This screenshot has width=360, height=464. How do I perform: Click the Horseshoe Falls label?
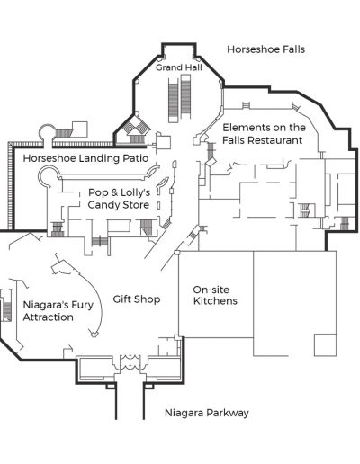tap(265, 49)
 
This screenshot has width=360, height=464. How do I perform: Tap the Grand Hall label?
tap(179, 67)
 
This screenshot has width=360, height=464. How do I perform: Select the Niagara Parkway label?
tap(207, 413)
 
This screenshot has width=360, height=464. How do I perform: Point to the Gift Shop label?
tap(137, 299)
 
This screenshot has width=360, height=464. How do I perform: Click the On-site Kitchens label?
tap(215, 295)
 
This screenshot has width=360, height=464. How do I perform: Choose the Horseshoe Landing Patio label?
tap(85, 158)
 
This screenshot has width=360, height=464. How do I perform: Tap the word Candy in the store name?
tap(103, 205)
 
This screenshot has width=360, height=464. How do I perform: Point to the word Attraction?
tap(48, 317)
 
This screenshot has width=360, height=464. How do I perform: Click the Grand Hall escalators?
tap(180, 98)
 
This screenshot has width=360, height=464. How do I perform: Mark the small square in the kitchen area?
tap(325, 344)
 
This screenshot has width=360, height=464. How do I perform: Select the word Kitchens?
tap(215, 300)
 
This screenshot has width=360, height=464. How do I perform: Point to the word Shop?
tap(147, 299)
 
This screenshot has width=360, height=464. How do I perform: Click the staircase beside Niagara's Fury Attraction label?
tap(7, 311)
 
